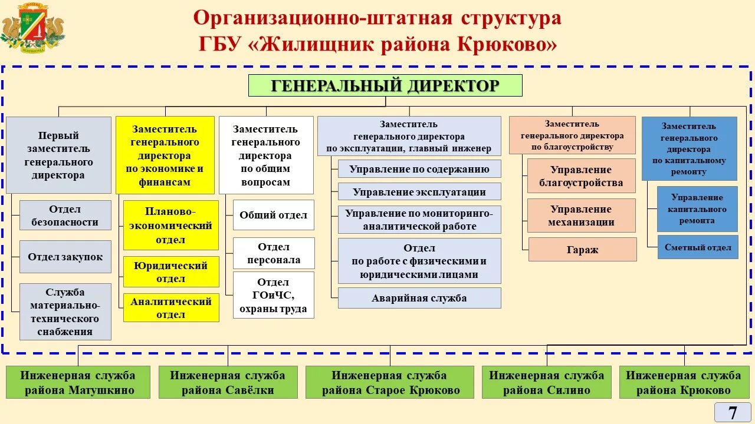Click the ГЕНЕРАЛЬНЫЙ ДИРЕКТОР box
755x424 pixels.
point(385,86)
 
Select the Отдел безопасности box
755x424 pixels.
point(65,216)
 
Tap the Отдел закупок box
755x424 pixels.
point(65,257)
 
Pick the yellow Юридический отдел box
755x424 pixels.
point(171,272)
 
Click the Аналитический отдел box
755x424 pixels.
point(171,307)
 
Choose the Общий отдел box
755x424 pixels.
point(273,215)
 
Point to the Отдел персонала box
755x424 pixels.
point(273,253)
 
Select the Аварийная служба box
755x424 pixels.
point(419,298)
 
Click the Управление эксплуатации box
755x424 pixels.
point(419,191)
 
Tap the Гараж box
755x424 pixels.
point(582,249)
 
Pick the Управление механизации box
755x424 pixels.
point(581,216)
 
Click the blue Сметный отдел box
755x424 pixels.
point(697,247)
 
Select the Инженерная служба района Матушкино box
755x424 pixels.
point(78,382)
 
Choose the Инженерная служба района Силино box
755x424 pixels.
point(546,382)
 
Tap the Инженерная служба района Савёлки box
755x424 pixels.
point(227,382)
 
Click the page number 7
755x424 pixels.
point(732,412)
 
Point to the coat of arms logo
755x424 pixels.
point(33,26)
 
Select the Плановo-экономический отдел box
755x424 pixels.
point(171,225)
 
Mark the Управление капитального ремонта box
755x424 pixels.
point(697,209)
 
